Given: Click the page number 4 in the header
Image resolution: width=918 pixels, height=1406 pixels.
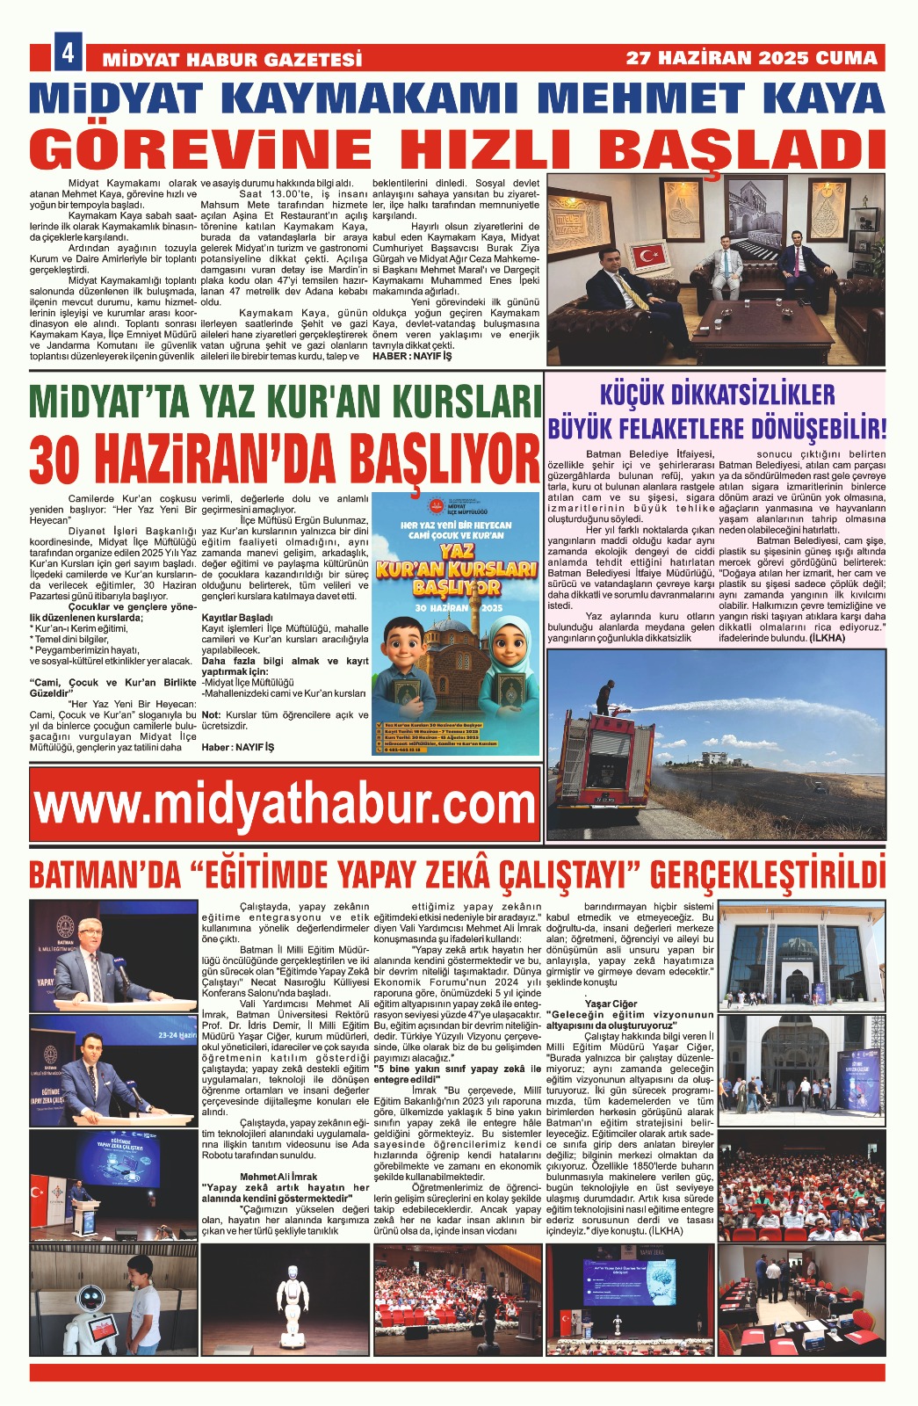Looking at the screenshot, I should [68, 54].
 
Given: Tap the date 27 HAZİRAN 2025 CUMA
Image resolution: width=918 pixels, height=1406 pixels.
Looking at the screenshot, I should [751, 58].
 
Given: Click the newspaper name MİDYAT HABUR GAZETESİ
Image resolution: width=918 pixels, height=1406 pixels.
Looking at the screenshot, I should [233, 60].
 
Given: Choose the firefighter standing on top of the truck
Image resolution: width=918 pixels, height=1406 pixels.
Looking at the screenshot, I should [604, 697].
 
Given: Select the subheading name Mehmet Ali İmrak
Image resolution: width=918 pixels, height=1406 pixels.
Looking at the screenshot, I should [278, 1177].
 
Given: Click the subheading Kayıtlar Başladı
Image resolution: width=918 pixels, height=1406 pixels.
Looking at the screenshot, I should [236, 618].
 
